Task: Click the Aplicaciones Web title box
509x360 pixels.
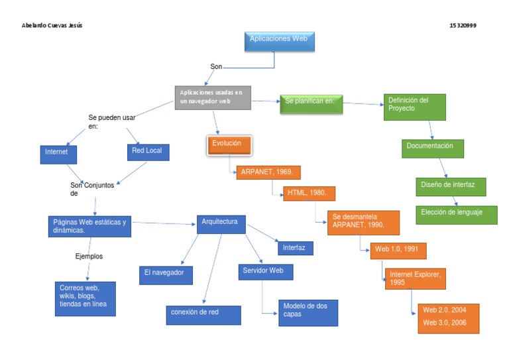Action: coord(279,41)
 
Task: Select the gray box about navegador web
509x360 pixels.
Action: coord(213,97)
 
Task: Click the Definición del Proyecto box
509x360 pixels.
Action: coord(415,107)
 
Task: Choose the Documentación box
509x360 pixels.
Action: coord(433,148)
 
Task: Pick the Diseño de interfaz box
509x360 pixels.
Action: coord(451,186)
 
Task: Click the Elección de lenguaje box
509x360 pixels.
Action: coord(456,215)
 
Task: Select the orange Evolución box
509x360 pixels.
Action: coord(229,145)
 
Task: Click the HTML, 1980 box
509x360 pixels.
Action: coord(309,193)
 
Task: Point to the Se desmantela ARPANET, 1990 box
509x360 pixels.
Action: coord(363,223)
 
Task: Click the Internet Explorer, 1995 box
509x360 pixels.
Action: coord(416,278)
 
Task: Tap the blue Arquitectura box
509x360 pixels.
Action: coord(221,223)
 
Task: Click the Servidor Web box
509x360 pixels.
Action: coord(265,271)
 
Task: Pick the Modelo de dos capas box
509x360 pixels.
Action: coord(308,312)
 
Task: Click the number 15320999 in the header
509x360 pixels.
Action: coord(463,25)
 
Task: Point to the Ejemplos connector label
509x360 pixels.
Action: coord(89,256)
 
